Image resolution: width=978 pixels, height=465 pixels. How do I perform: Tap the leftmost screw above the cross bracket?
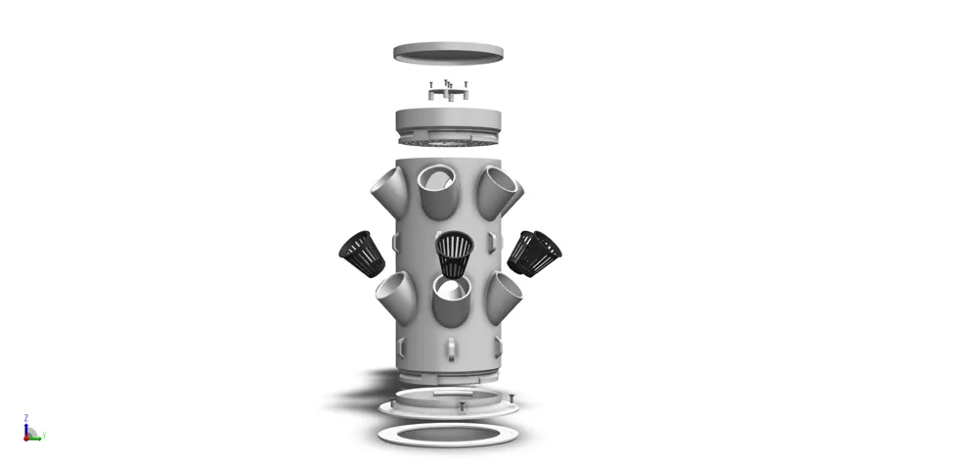[x=430, y=85]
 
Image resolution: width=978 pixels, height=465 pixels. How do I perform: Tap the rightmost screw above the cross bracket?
[x=467, y=85]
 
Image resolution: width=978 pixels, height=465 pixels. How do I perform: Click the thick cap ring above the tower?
[x=448, y=122]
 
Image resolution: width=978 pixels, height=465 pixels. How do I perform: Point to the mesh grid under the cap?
[x=448, y=140]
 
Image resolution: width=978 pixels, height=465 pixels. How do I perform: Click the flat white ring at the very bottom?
[x=448, y=432]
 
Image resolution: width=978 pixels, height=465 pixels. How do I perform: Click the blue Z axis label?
[x=24, y=417]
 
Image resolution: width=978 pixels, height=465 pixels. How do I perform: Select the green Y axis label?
[x=44, y=436]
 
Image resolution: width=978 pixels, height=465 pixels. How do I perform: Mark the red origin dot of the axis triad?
[x=26, y=437]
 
